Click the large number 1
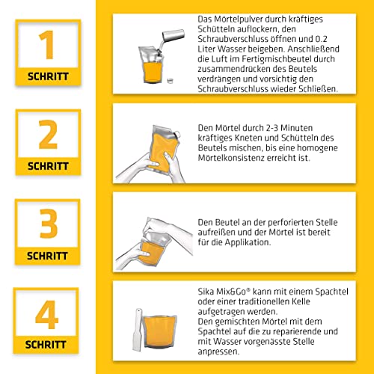47,45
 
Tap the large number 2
47,135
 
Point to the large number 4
47,314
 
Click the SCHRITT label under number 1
47,76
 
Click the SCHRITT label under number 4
47,346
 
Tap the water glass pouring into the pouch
174,35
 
